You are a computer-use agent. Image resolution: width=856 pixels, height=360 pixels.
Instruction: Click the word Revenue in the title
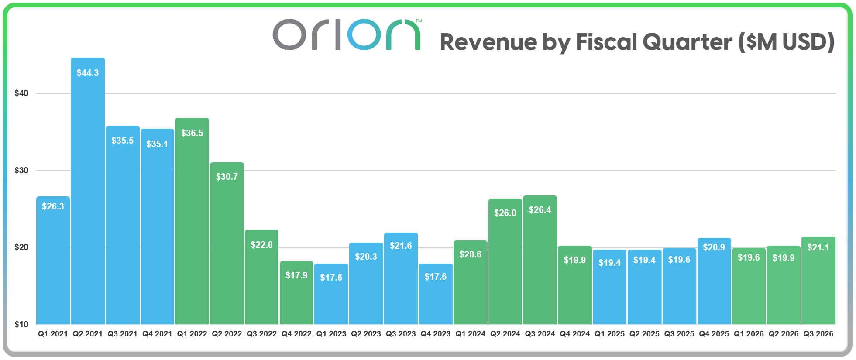(x=488, y=42)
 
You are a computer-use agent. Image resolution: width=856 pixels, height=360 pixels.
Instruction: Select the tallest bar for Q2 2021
(x=88, y=196)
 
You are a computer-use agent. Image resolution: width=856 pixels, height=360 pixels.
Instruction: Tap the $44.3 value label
(x=88, y=73)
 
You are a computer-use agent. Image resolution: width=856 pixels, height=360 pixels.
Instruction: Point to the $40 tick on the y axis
(x=21, y=93)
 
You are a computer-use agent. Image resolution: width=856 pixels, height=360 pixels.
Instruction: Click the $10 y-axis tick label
(x=21, y=324)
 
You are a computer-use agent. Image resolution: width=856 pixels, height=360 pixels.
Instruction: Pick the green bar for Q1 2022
(x=192, y=227)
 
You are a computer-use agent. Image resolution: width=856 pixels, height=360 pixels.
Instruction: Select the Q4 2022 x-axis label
(x=296, y=334)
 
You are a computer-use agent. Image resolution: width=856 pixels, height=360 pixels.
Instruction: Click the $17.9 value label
(x=296, y=275)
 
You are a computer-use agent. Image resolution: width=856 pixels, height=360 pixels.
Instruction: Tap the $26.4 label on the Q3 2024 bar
(x=540, y=210)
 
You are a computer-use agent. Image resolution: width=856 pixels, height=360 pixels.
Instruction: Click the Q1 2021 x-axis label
(x=53, y=334)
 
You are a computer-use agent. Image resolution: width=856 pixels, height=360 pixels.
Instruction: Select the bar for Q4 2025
(x=714, y=288)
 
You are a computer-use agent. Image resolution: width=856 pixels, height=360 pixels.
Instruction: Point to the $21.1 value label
(x=818, y=247)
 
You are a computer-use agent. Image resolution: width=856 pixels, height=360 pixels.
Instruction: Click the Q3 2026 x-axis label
(x=818, y=334)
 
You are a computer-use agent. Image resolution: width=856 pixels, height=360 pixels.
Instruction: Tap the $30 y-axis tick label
(x=21, y=171)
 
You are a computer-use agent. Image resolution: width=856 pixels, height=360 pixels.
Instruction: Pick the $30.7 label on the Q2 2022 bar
(x=227, y=177)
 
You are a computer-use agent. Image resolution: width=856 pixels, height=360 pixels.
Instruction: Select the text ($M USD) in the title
(x=786, y=42)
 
